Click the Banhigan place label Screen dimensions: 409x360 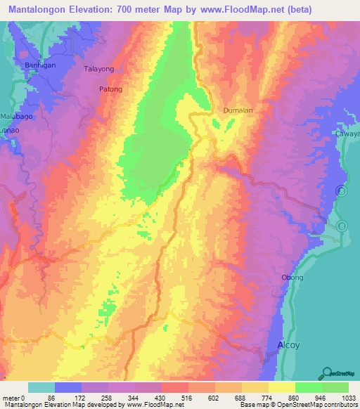30,65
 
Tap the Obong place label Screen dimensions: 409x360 292,278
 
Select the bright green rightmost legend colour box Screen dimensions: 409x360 335,387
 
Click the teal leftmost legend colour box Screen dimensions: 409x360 41,387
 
